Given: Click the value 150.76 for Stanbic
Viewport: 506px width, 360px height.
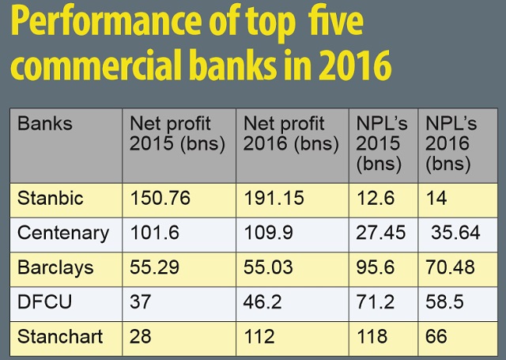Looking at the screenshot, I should click(x=160, y=199).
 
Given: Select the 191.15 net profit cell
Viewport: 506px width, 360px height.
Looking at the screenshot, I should click(x=274, y=199).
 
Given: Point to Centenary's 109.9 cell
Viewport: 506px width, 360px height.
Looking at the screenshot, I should click(x=267, y=233).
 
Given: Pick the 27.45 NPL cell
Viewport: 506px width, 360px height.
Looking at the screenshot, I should click(x=378, y=233).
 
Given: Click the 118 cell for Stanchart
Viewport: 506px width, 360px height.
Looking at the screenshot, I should click(x=372, y=335).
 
